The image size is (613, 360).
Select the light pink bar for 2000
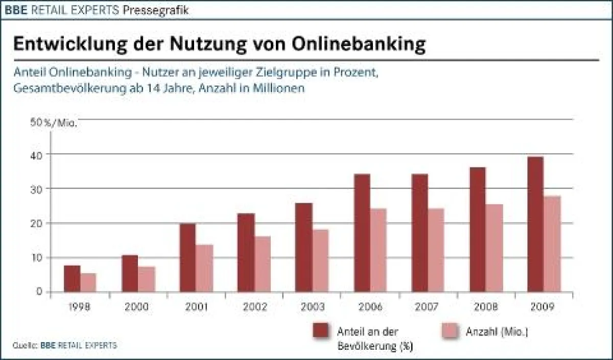147,279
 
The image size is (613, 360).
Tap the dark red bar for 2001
187,258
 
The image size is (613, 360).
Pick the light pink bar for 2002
263,264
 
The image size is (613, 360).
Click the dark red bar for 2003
303,248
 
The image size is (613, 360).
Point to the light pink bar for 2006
378,250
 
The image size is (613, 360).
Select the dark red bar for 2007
419,233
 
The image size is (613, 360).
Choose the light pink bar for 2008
494,248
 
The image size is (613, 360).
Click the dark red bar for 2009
535,224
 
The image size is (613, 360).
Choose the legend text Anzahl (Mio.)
497,331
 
